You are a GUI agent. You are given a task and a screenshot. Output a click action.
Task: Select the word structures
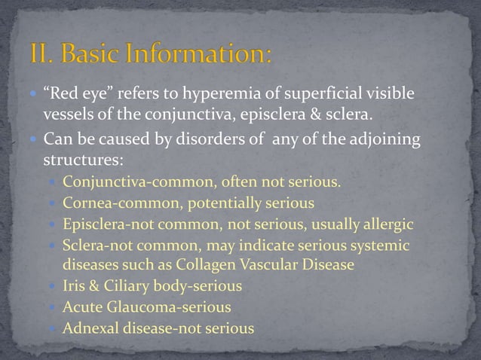(x=79, y=160)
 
